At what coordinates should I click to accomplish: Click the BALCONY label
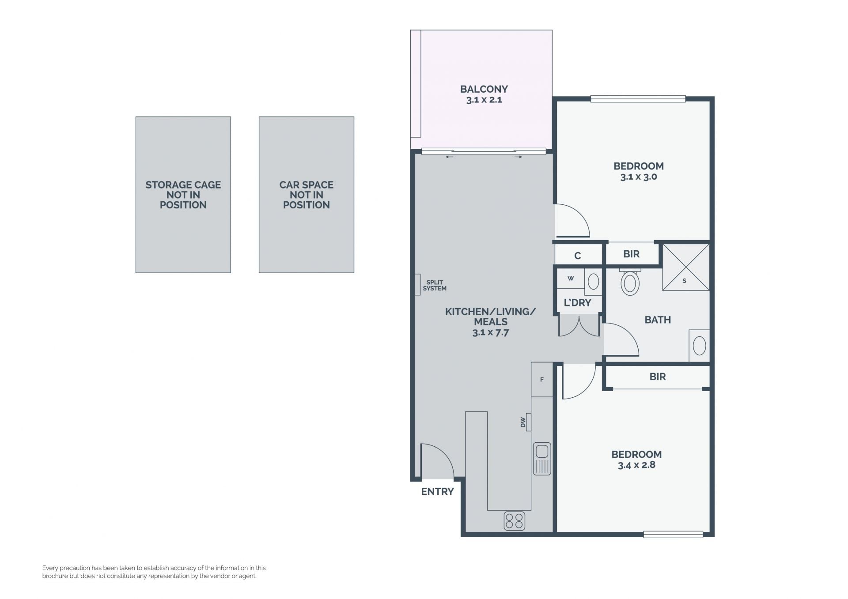(x=484, y=89)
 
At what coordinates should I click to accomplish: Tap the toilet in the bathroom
(x=630, y=282)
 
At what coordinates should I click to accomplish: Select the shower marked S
(x=686, y=267)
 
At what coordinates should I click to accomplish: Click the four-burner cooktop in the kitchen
(x=515, y=520)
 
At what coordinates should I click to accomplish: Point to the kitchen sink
(x=542, y=459)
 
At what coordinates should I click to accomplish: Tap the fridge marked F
(x=542, y=380)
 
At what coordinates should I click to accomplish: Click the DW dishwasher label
(x=523, y=422)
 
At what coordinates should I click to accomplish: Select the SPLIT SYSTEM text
(x=435, y=285)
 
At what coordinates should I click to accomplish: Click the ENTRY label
(x=437, y=492)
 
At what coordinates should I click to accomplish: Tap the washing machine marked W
(x=571, y=279)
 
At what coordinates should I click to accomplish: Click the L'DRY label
(x=577, y=303)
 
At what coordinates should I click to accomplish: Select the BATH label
(x=658, y=320)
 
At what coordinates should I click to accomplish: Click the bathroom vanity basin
(x=699, y=346)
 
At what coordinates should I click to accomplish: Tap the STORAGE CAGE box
(x=183, y=195)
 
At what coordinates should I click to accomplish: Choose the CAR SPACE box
(x=307, y=195)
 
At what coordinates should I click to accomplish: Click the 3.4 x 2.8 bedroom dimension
(x=636, y=465)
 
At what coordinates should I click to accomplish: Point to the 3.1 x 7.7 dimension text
(x=491, y=333)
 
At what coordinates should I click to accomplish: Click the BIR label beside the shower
(x=632, y=254)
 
